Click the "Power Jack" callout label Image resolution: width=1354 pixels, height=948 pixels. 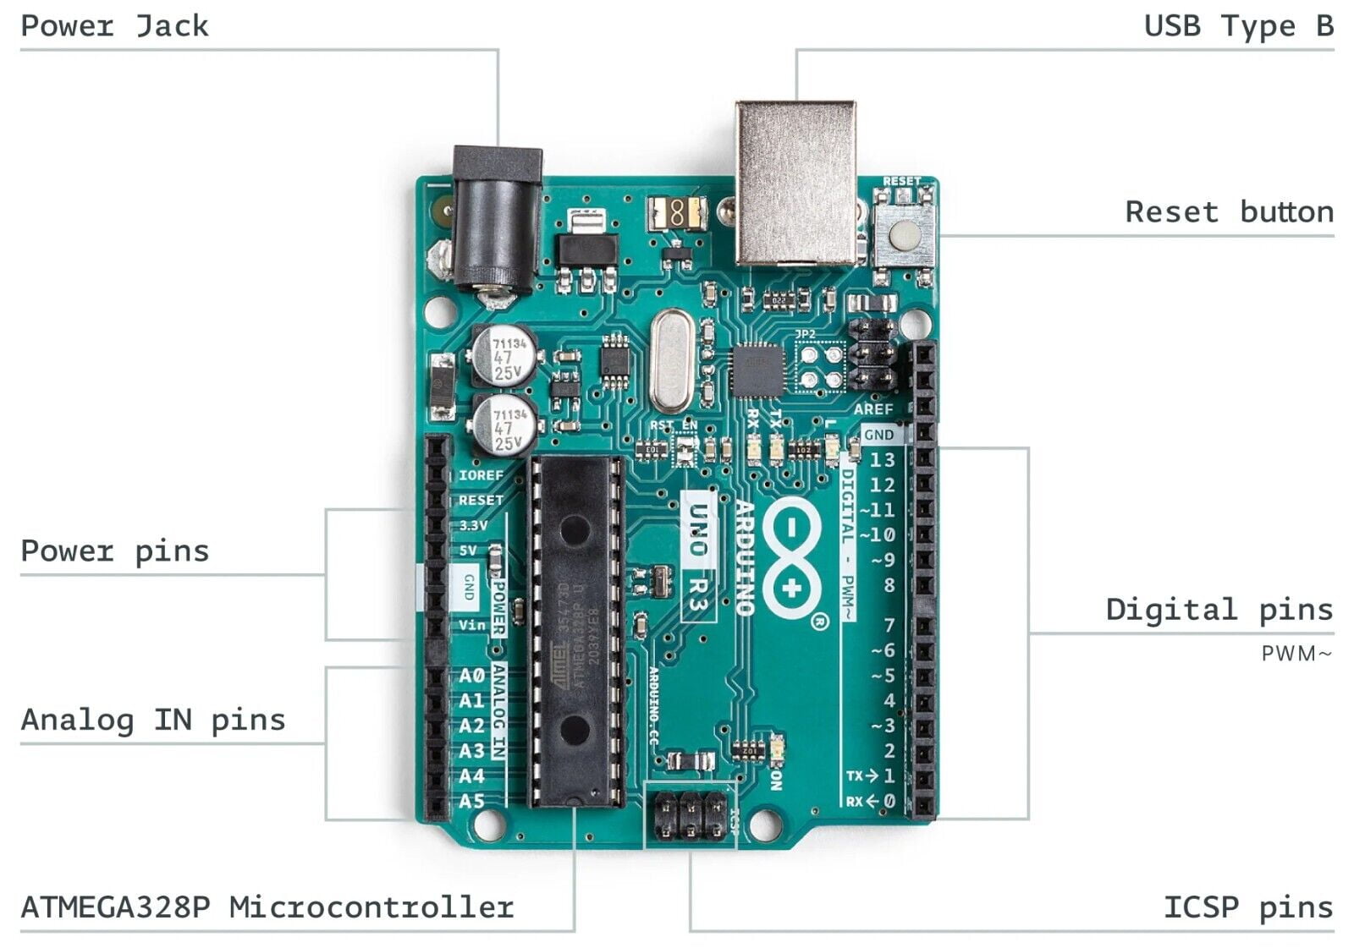click(114, 26)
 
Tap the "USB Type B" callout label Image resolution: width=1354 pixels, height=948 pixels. click(1238, 26)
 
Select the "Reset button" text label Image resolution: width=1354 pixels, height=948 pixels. click(1229, 211)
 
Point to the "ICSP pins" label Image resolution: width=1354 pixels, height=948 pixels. click(1248, 907)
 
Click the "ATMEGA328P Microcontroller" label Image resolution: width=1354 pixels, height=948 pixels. click(267, 907)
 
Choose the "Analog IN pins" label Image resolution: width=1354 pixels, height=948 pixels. click(153, 720)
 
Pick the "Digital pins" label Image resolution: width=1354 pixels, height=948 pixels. click(1219, 610)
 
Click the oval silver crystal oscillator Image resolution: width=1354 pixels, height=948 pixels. click(672, 359)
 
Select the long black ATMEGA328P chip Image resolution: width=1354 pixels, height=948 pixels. click(575, 630)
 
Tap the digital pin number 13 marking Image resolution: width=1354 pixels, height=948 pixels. click(882, 460)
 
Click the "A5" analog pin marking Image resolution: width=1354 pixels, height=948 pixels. click(471, 801)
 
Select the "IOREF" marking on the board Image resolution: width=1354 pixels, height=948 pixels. click(481, 475)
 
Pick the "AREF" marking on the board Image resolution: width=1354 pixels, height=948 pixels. click(872, 409)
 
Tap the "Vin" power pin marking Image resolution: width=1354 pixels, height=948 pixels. click(472, 625)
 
